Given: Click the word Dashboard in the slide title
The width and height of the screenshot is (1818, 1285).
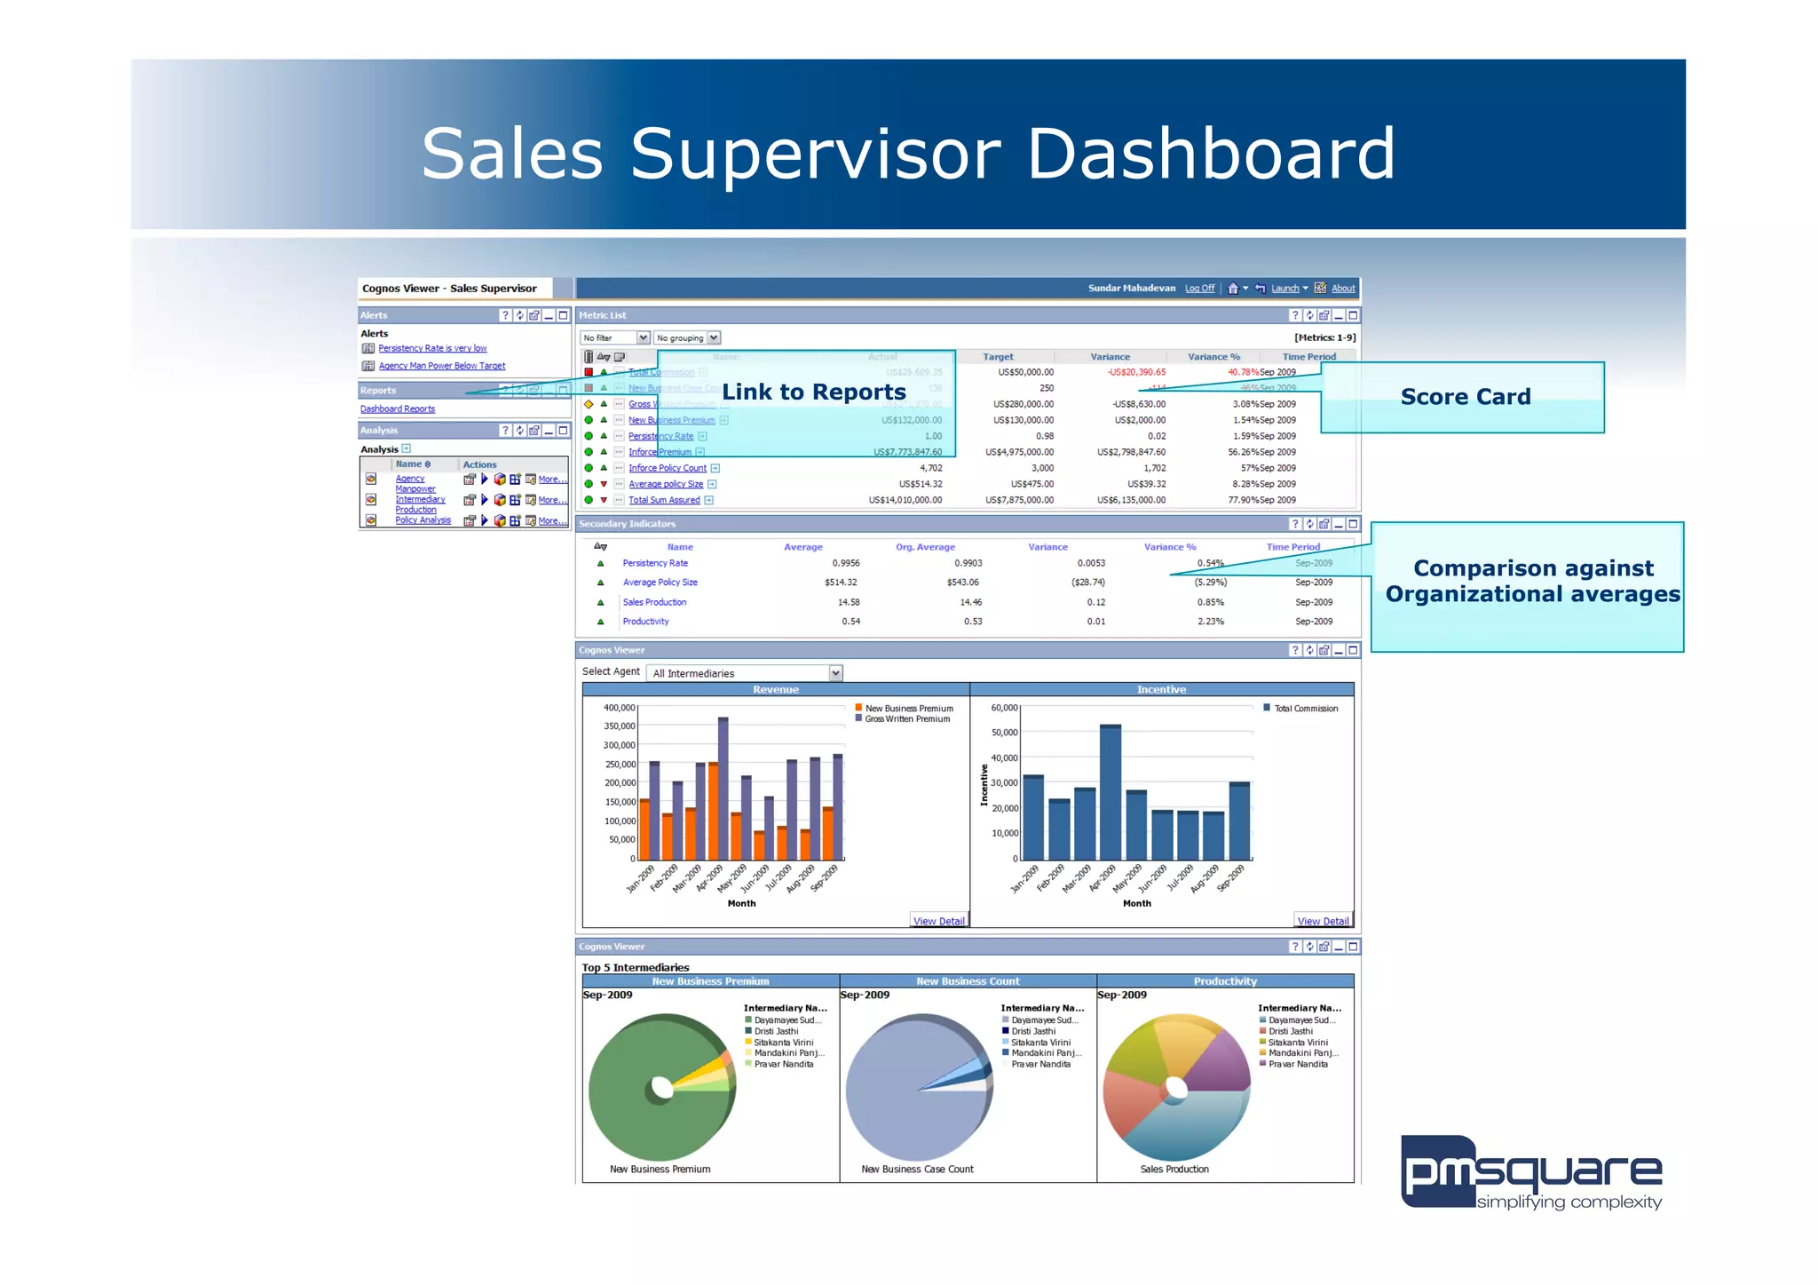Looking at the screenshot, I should [1210, 154].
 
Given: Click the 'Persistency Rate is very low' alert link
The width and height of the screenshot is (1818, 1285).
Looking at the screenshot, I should [432, 348].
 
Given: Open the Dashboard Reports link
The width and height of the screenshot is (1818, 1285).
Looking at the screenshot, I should [397, 409].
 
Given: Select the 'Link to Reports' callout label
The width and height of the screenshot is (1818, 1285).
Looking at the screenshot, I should [813, 393].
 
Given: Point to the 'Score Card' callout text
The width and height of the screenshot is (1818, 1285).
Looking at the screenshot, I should [1465, 397].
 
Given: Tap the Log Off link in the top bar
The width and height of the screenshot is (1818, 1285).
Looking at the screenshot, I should [1199, 289].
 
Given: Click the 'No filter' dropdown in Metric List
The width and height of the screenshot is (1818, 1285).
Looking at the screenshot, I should [615, 338].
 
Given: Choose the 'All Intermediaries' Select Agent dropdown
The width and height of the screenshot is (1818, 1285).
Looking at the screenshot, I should [744, 674].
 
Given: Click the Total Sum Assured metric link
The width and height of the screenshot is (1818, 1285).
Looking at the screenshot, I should [664, 501].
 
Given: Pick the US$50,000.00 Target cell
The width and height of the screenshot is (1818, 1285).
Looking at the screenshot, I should [1025, 373].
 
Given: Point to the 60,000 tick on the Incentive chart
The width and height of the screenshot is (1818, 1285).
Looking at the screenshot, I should [1004, 708].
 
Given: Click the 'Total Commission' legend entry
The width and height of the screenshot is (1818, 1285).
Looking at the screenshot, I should [1305, 709].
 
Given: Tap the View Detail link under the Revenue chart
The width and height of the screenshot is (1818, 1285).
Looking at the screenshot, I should [938, 922].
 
